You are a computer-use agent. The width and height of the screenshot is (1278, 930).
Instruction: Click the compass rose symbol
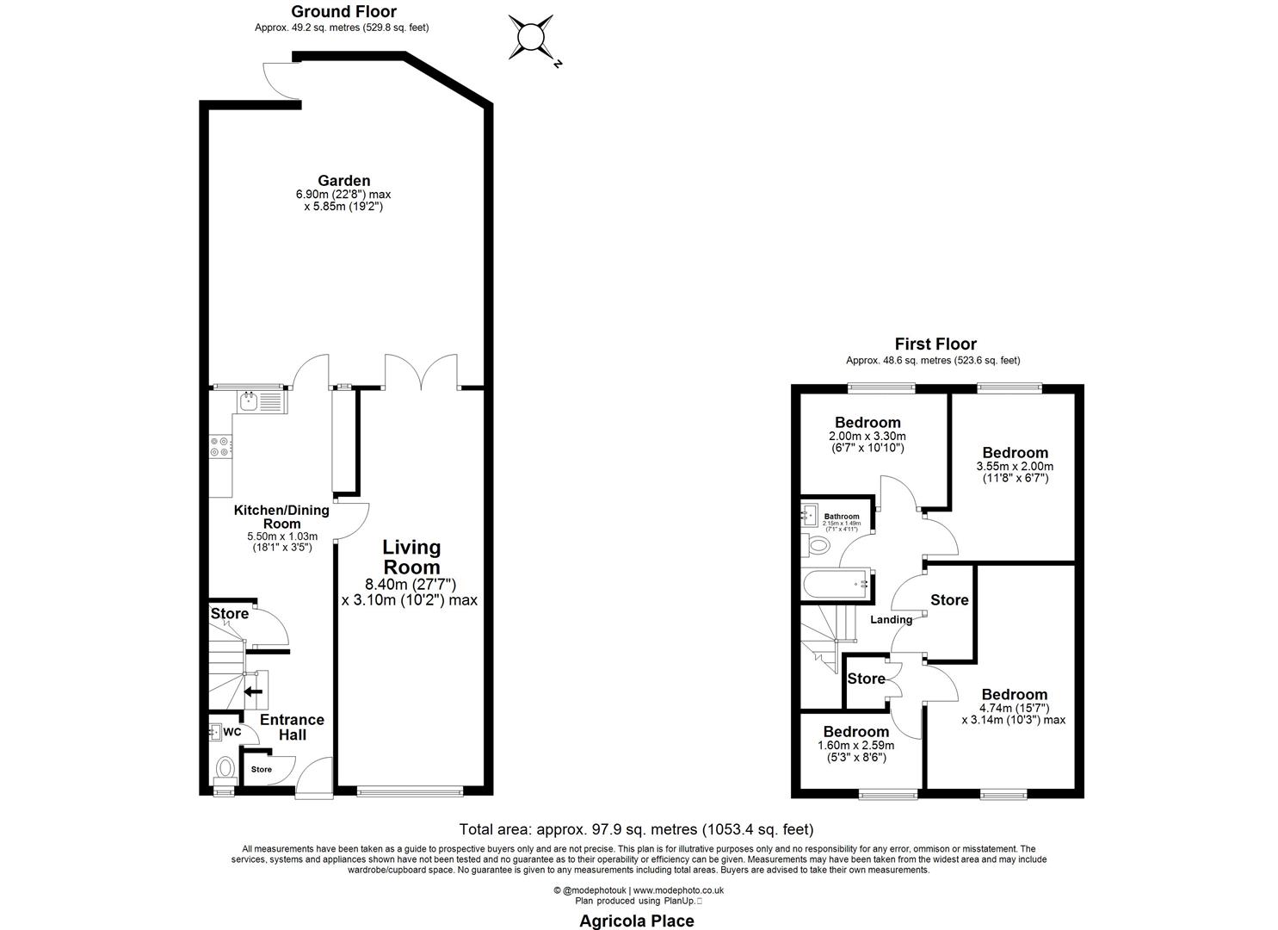pyautogui.click(x=530, y=38)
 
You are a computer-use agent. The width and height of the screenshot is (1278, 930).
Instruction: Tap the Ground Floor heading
pyautogui.click(x=343, y=11)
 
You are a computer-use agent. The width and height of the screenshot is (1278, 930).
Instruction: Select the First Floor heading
pyautogui.click(x=935, y=344)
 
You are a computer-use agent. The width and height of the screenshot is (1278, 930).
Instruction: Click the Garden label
pyautogui.click(x=344, y=181)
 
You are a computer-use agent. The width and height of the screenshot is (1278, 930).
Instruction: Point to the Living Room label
pyautogui.click(x=411, y=557)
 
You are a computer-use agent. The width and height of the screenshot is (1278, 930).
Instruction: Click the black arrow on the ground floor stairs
pyautogui.click(x=254, y=691)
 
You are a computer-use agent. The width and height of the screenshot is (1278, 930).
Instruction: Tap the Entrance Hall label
pyautogui.click(x=293, y=727)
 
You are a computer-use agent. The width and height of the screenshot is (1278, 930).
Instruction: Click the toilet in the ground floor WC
pyautogui.click(x=225, y=767)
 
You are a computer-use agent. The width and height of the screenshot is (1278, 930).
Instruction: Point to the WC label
pyautogui.click(x=232, y=732)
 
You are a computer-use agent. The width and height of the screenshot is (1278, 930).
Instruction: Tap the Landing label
pyautogui.click(x=891, y=620)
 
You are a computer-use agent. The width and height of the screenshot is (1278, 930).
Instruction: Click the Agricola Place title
pyautogui.click(x=636, y=921)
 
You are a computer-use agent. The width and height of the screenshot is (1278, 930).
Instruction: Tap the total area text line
pyautogui.click(x=636, y=829)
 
